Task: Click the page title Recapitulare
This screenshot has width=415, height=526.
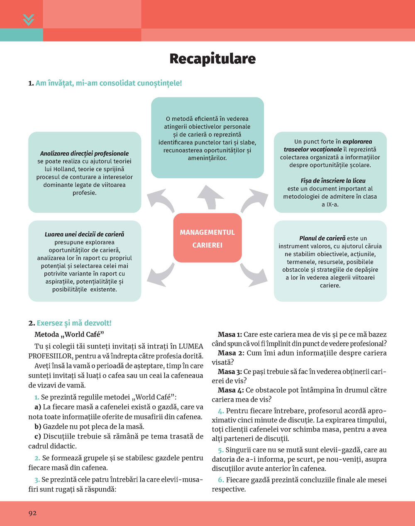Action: point(212,59)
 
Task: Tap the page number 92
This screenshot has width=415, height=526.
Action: point(32,513)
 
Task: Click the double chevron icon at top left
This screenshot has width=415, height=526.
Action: point(28,19)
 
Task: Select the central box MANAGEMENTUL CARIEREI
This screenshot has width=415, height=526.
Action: point(207,239)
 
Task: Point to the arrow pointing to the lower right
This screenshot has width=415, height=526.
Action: point(251,275)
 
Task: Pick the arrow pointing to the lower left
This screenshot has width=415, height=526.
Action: point(163,275)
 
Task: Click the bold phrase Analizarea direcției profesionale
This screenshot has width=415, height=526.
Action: point(84,153)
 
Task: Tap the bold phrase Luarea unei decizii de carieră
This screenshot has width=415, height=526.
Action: point(84,234)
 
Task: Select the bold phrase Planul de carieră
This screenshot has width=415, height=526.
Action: point(322,239)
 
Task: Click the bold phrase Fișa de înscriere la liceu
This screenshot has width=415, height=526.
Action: point(330,181)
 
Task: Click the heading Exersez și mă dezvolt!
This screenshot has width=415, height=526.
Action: point(74,323)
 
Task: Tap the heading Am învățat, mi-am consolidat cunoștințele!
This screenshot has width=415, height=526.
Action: point(108,83)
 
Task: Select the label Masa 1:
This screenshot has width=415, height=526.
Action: point(229,334)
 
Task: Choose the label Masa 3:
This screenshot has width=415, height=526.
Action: point(229,372)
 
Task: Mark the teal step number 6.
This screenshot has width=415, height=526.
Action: point(221,480)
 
